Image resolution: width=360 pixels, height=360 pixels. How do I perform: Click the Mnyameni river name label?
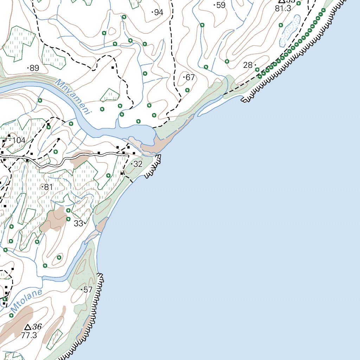(x=73, y=96)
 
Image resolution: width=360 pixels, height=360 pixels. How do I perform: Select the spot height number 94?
(x=159, y=13)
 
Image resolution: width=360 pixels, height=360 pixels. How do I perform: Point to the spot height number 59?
(x=221, y=5)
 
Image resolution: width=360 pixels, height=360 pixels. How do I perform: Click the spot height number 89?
(x=34, y=68)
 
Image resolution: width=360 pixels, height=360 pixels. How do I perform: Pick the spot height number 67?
(x=190, y=77)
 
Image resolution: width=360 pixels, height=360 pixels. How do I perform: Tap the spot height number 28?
(x=248, y=65)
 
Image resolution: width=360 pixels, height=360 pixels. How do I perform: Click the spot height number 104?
(x=19, y=141)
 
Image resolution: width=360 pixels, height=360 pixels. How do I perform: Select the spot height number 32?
(x=138, y=164)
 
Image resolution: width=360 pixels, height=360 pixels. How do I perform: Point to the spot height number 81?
(x=48, y=187)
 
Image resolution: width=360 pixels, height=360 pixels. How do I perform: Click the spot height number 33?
(x=78, y=223)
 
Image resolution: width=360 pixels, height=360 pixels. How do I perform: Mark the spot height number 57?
(x=88, y=290)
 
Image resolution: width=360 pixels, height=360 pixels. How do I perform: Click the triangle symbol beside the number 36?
(x=28, y=327)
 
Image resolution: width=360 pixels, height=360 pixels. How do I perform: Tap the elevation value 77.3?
(x=29, y=335)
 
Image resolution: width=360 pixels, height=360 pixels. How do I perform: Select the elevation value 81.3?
(x=283, y=9)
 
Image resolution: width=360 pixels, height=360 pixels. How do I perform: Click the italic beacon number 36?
(x=37, y=327)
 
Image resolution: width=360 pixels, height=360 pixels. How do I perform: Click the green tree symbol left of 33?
(x=68, y=219)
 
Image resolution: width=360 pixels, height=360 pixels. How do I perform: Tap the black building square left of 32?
(x=122, y=173)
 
